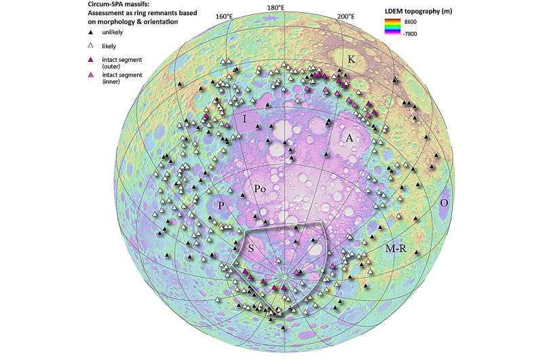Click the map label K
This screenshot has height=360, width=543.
point(351,59)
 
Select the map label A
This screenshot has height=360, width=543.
point(350,138)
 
